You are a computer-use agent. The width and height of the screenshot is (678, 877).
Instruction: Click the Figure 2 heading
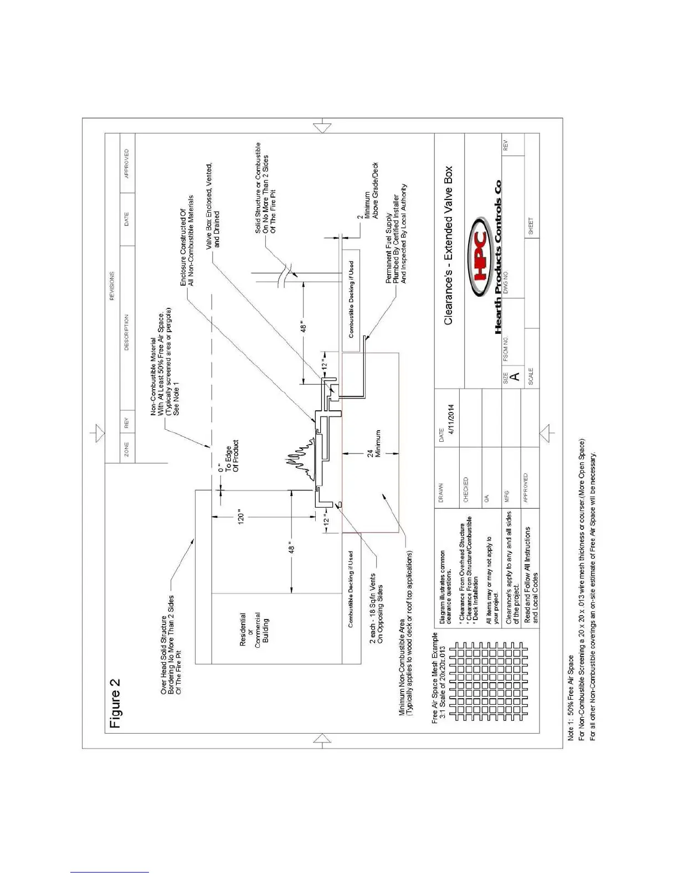(115, 703)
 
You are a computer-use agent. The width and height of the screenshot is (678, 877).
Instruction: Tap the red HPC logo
(480, 256)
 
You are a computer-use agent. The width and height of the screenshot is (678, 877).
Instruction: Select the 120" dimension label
(240, 517)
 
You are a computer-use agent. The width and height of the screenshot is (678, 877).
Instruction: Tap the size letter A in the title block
(515, 376)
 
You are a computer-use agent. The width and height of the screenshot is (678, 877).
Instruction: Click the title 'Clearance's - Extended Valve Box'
(448, 245)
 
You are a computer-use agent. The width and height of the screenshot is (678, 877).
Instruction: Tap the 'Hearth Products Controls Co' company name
(498, 257)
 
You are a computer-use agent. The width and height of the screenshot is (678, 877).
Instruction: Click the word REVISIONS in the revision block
(112, 286)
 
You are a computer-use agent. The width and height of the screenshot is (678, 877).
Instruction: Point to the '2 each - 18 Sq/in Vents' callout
(376, 608)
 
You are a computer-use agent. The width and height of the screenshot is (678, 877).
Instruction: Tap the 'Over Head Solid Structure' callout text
(171, 645)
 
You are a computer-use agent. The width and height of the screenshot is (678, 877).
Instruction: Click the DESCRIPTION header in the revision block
(126, 332)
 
